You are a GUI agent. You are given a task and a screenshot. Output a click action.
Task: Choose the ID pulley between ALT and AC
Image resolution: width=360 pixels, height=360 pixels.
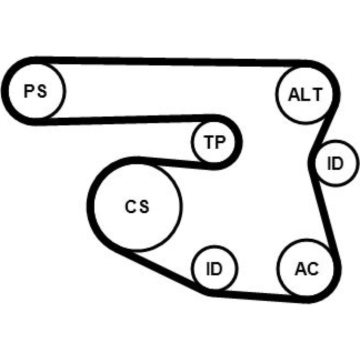pos(335,163)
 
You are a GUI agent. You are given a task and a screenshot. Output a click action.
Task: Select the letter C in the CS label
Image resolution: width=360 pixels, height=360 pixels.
pos(130,206)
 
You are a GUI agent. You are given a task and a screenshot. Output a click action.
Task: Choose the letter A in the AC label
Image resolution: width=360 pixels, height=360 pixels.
pos(300,269)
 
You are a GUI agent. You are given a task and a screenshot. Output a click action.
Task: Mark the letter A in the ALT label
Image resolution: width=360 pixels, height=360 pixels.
pos(294,95)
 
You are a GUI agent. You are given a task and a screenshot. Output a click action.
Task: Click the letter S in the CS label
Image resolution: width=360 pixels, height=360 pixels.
pos(144,206)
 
